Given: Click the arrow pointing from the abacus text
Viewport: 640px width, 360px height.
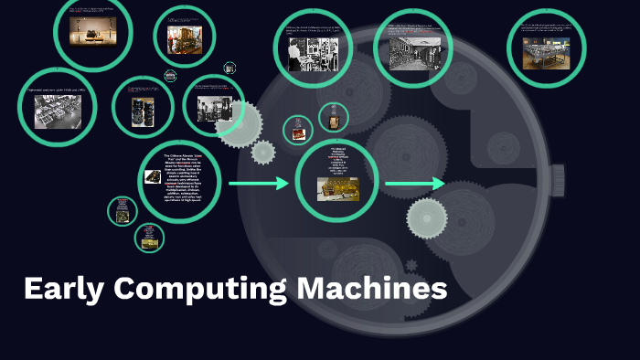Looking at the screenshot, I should [258, 185].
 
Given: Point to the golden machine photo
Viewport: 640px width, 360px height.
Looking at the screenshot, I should [337, 189].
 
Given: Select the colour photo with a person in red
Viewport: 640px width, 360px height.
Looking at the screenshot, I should [184, 38].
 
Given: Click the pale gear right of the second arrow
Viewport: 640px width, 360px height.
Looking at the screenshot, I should [427, 217].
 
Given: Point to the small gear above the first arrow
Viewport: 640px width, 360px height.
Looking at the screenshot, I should [263, 153].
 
